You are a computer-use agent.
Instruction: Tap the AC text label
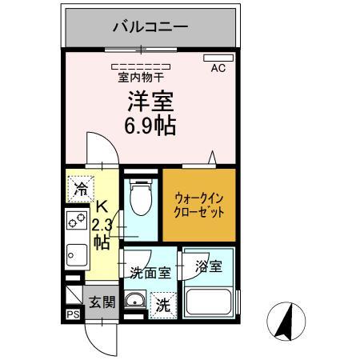tap(218, 69)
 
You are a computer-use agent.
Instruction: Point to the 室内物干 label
tap(141, 78)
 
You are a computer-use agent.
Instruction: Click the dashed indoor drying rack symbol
tap(141, 66)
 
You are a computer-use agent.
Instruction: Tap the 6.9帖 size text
tap(150, 126)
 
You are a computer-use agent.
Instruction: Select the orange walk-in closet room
tap(199, 204)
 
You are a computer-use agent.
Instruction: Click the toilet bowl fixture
tap(140, 197)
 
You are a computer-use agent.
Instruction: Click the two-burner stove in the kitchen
tap(77, 221)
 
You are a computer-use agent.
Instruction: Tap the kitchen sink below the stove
tap(75, 254)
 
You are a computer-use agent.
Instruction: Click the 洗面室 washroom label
tap(150, 272)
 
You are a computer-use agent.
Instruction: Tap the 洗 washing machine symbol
tap(162, 305)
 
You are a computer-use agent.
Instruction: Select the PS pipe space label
tap(73, 315)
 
